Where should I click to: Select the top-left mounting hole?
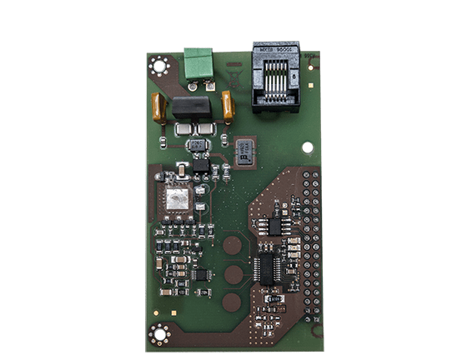(x=158, y=64)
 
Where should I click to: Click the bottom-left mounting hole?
(x=157, y=333)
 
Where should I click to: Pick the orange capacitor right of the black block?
(x=227, y=105)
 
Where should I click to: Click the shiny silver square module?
(x=177, y=198)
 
